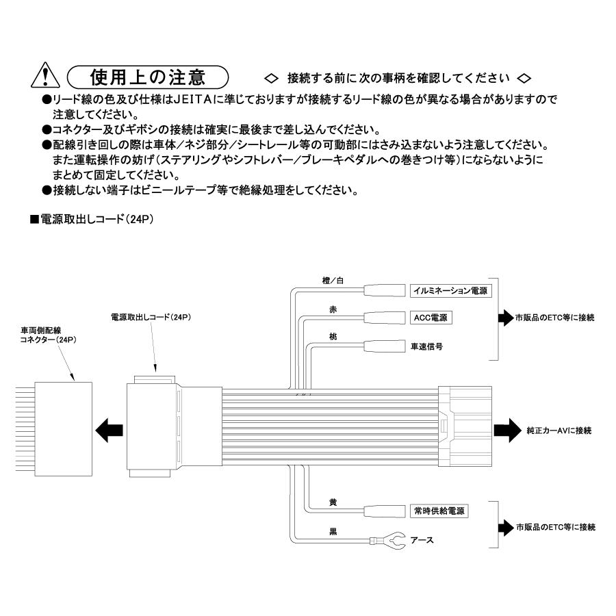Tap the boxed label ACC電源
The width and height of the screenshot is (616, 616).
pos(432,318)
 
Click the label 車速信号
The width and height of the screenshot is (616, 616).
pos(426,346)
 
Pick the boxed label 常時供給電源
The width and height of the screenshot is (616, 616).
pos(439,511)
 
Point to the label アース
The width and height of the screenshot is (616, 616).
pos(422,541)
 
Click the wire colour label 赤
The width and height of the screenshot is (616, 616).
pos(333,309)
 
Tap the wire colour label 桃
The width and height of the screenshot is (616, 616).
pos(333,337)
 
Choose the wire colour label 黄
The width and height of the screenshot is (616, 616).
pos(333,502)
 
